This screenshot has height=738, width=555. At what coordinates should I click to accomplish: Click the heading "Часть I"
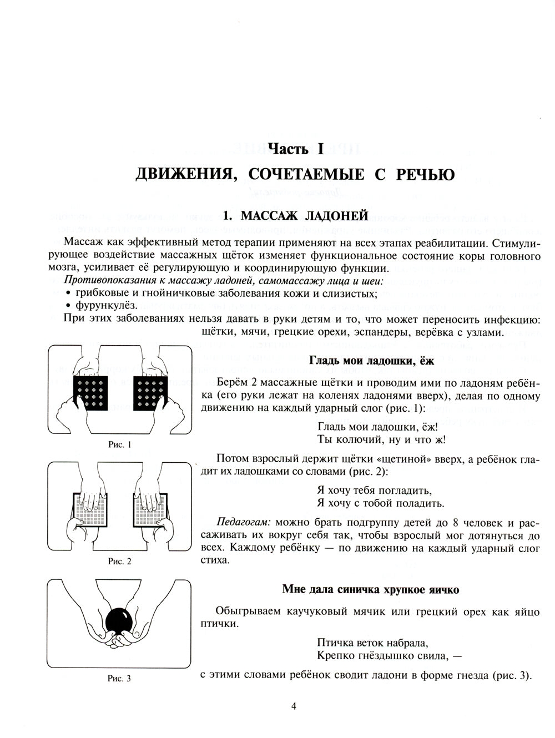pos(295,148)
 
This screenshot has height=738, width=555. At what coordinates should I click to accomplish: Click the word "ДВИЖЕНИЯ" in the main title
pos(181,174)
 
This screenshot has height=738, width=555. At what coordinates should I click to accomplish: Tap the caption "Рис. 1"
pos(119,444)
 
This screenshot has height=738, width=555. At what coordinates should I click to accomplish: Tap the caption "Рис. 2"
pos(119,561)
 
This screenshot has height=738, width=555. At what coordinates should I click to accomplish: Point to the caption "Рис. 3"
pos(119,678)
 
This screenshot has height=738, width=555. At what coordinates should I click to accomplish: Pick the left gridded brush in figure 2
pos(90,509)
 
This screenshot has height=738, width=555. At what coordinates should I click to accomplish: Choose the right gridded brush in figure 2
pos(150,509)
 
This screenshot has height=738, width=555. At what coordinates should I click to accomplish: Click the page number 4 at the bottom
pos(294,706)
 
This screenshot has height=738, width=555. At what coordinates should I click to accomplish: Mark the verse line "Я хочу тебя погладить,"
pos(374,491)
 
